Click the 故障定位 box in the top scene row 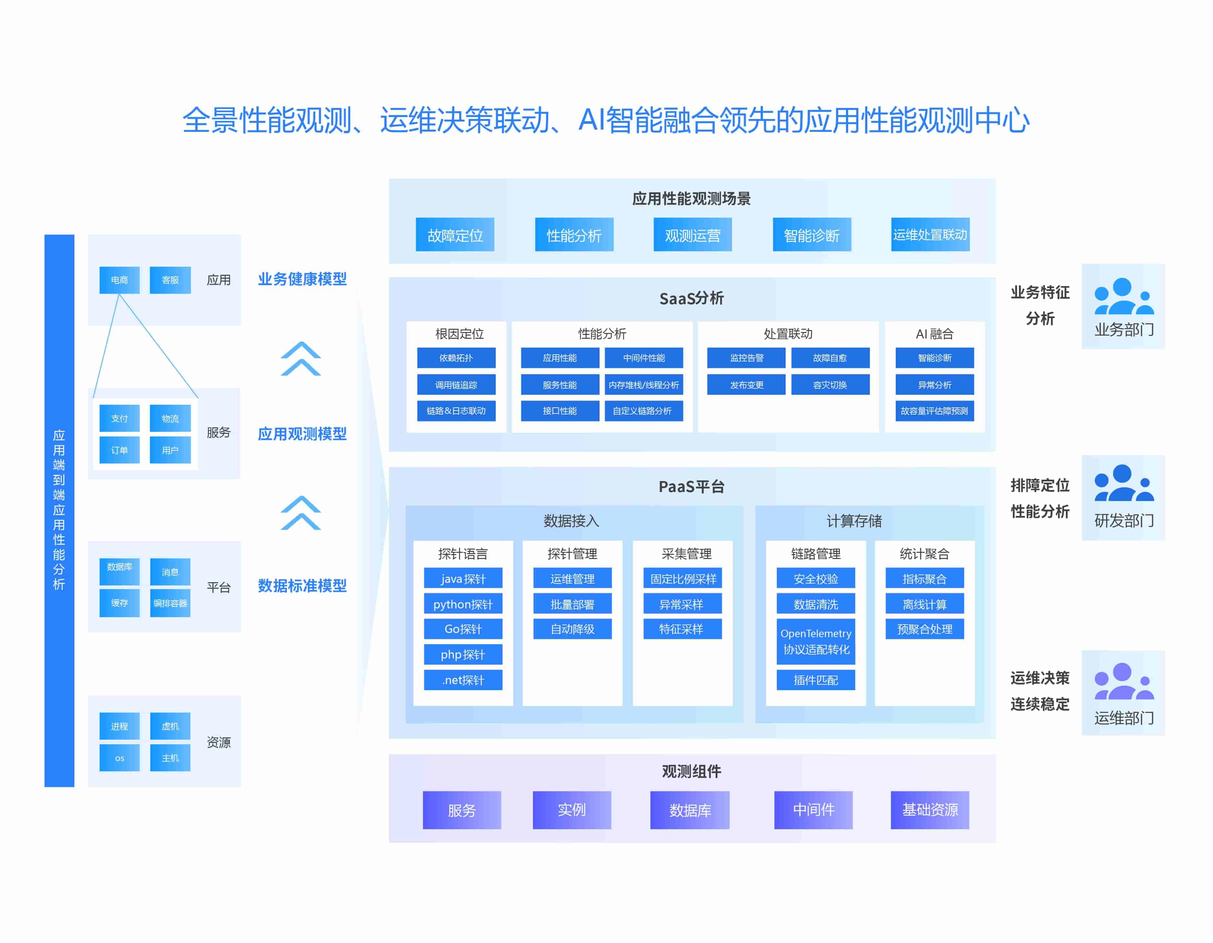[x=455, y=235]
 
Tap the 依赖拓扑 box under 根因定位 [x=456, y=358]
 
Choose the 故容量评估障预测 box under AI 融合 [x=934, y=411]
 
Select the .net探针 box [x=463, y=680]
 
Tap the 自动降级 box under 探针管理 [x=572, y=629]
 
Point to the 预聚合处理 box [x=924, y=629]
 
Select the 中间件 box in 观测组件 [x=813, y=810]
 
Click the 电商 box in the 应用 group [x=119, y=280]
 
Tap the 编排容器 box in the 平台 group [x=170, y=603]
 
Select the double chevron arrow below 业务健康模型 [x=300, y=359]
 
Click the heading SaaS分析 [x=691, y=298]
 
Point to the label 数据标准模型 [x=302, y=585]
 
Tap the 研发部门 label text [x=1123, y=520]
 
